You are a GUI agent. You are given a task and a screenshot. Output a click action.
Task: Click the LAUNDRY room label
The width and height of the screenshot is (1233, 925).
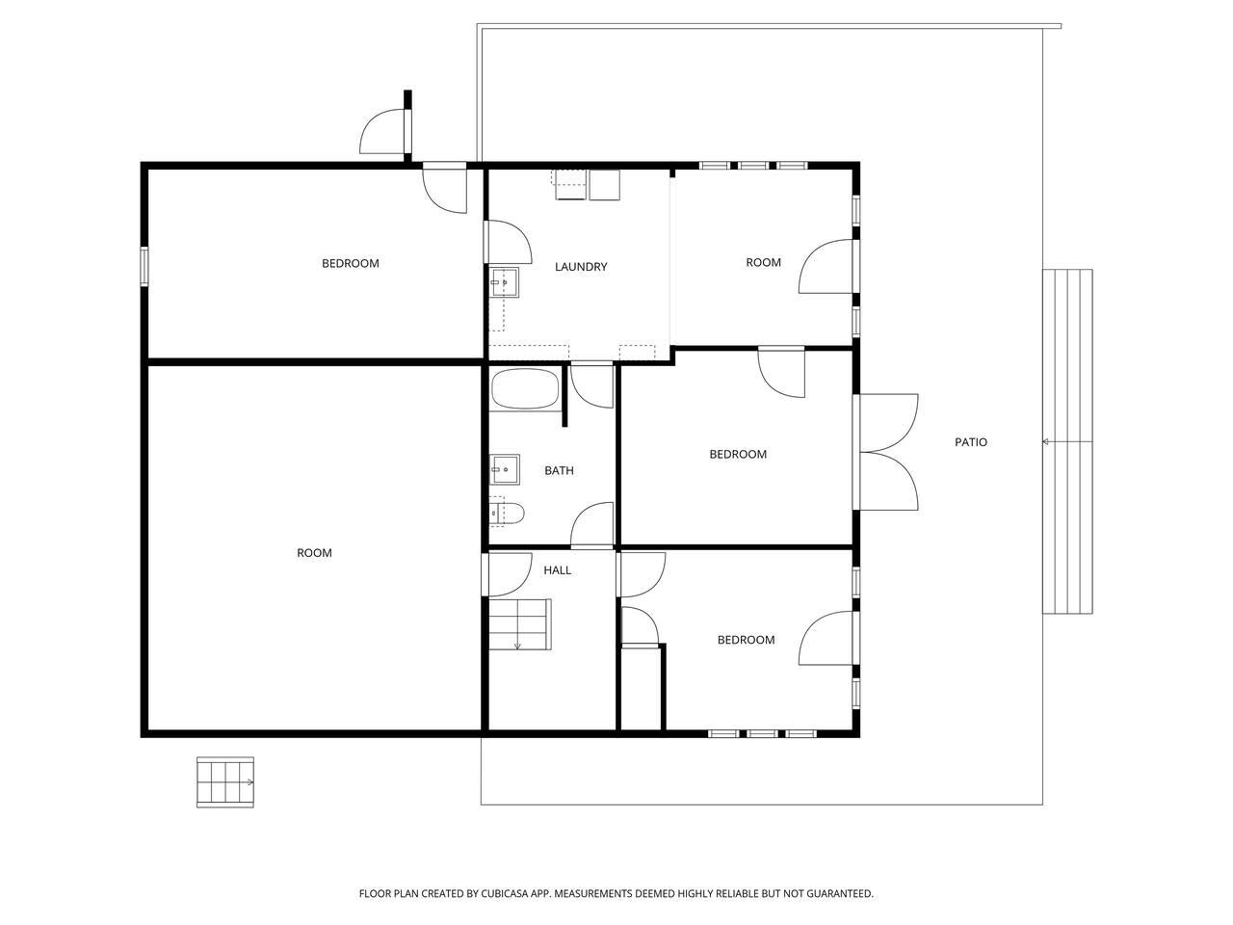click(581, 267)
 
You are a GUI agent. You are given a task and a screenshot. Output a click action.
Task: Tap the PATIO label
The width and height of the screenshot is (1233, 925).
click(971, 442)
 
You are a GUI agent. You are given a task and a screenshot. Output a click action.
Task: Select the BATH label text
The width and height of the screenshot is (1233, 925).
click(559, 470)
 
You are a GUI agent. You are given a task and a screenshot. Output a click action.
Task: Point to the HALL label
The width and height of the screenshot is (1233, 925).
click(557, 570)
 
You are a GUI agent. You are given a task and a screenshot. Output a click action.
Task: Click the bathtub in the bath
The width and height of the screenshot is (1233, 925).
click(525, 389)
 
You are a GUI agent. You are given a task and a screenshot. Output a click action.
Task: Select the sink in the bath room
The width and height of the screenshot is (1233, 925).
click(505, 468)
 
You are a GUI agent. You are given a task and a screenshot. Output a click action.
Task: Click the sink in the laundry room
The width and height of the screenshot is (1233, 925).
click(504, 282)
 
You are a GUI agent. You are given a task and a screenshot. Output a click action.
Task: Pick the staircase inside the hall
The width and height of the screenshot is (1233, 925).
click(519, 624)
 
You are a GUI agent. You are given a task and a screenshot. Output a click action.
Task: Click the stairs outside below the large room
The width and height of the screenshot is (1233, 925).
click(224, 781)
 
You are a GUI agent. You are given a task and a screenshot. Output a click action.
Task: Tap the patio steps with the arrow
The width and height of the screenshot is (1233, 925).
click(1067, 441)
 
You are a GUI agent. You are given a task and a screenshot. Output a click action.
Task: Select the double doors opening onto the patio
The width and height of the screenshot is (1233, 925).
click(886, 452)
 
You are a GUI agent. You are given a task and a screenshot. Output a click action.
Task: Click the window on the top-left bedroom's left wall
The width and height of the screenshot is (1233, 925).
click(144, 267)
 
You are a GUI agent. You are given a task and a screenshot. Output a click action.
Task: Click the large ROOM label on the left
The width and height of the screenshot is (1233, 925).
click(315, 553)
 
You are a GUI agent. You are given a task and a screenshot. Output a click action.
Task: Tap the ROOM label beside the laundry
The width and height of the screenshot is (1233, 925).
click(763, 262)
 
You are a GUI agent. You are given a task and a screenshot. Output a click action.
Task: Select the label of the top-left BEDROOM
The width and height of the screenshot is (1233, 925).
click(351, 263)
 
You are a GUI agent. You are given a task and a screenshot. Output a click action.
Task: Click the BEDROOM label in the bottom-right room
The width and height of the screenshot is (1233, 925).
click(746, 640)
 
